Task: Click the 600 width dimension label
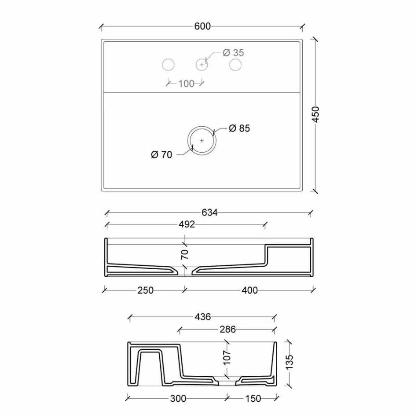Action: coord(202,26)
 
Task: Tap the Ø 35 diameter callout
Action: coord(233,53)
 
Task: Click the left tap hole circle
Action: coord(169,65)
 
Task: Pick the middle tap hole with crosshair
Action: coord(202,65)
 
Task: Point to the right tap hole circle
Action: coord(235,65)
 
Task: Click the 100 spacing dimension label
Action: coord(186,84)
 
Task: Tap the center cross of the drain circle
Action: coord(202,141)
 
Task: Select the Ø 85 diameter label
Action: coord(239,128)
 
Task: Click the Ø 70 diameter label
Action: coord(161,155)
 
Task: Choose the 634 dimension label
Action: coord(209,213)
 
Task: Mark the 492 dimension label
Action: coord(187,224)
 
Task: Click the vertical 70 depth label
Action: coord(185,253)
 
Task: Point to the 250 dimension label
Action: coord(145,290)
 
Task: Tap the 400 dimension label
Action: coord(249,290)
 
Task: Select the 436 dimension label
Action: coord(203,317)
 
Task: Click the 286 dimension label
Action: coord(227,329)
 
